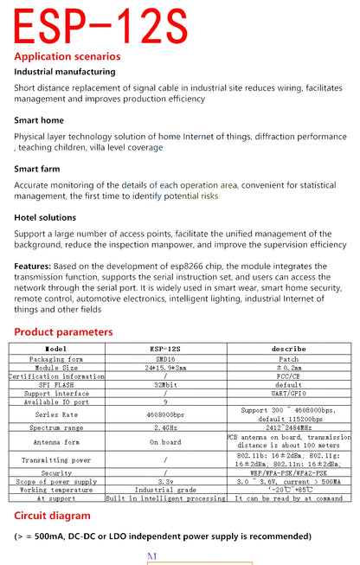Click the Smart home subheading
[39, 122]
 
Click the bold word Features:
[34, 266]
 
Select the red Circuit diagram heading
[53, 516]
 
